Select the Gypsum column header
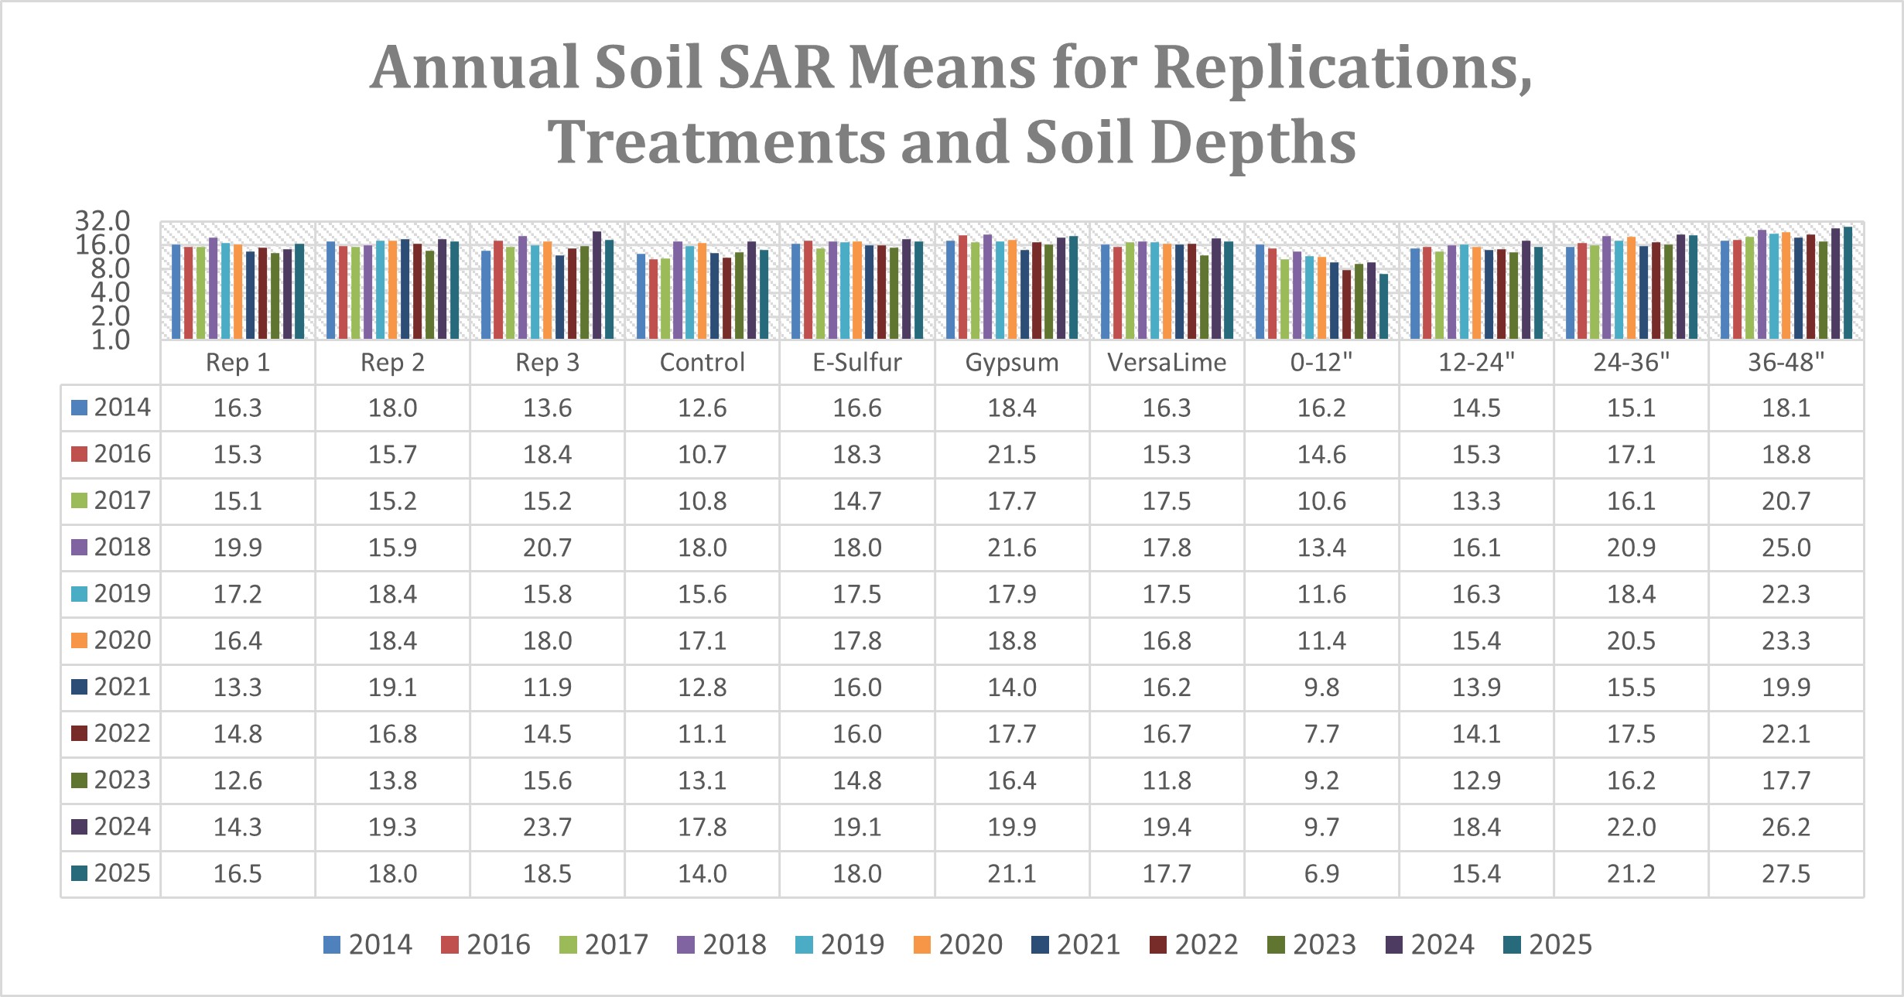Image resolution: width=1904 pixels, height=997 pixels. coord(1012,362)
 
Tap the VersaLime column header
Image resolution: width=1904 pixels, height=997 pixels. coord(1167,362)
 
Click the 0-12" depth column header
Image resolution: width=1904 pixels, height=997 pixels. coord(1321,362)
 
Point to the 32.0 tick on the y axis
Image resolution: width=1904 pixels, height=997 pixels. coord(102,221)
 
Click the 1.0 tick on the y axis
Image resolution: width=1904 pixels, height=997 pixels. coord(110,340)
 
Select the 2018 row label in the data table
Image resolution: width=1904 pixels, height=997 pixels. coord(111,547)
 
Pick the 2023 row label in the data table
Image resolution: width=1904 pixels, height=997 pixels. coord(111,780)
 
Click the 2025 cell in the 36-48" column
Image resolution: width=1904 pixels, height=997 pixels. coord(1786,873)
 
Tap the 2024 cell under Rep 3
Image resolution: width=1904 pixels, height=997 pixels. coord(547,827)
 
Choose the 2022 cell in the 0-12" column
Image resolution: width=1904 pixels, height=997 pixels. coord(1321,733)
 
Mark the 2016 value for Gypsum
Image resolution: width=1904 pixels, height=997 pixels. coord(1012,454)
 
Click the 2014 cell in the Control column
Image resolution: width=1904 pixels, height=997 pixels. coord(702,408)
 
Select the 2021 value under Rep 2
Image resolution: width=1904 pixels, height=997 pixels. coord(392,687)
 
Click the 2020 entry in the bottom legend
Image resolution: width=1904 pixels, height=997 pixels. coord(958,944)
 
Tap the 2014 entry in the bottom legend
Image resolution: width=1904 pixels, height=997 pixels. coord(367,944)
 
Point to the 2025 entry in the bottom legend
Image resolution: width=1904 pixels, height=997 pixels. coord(1547,944)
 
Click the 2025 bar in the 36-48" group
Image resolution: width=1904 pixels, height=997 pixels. coord(1848,283)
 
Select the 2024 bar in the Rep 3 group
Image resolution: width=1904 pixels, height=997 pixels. coord(596,285)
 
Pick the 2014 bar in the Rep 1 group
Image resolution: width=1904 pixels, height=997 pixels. coord(176,292)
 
